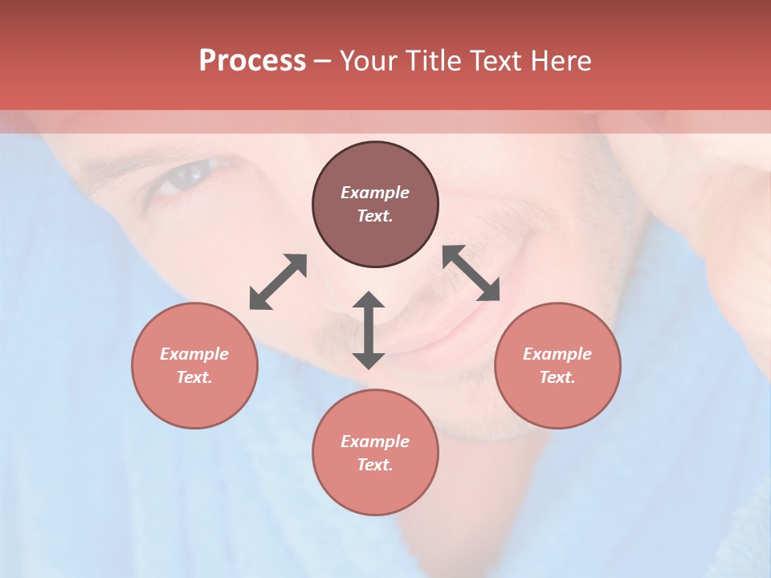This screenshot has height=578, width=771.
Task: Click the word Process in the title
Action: coord(252,61)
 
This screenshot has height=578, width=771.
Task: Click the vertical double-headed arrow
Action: coord(369,330)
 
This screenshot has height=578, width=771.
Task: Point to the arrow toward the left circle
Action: coord(278,282)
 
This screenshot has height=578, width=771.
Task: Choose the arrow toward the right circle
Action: coord(471,273)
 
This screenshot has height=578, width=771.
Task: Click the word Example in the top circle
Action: coord(375,193)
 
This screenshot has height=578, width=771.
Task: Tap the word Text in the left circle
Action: coord(194,377)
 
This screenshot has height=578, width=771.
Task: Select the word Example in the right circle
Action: coord(557,354)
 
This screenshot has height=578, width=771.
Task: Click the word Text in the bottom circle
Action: coord(375,465)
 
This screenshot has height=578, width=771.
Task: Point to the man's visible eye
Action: coord(189,174)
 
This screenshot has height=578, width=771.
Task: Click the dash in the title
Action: coord(323,61)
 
